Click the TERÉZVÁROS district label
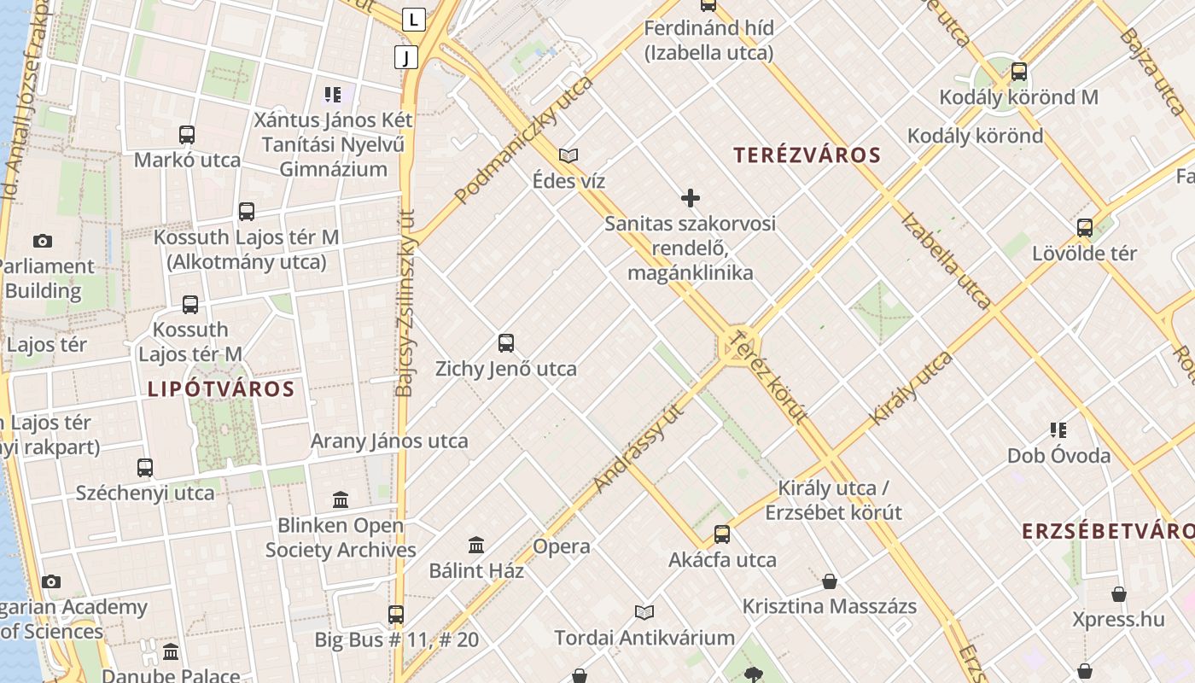tap(807, 155)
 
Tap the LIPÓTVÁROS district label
tap(221, 389)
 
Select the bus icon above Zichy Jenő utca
tap(506, 343)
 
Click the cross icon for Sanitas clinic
tap(691, 198)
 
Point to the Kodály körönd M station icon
tap(1018, 72)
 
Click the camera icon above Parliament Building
tap(42, 242)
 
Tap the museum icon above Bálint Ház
tap(476, 545)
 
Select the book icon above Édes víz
tap(568, 155)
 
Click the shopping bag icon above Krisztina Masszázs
tap(830, 582)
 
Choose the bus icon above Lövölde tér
tap(1085, 228)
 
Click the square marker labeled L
tap(414, 19)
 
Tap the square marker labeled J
tap(406, 57)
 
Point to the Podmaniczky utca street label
tap(524, 141)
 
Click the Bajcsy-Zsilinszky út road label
tap(405, 303)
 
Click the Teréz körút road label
tap(770, 376)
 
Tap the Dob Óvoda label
tap(1058, 455)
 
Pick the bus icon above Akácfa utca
tap(722, 534)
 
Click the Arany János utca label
tap(389, 441)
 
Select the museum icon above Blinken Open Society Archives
tap(341, 499)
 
